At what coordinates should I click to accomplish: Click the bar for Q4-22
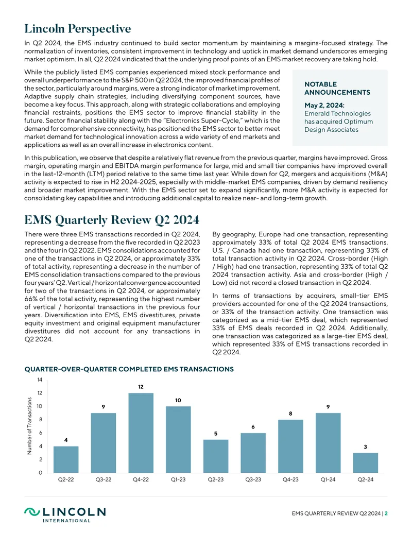tap(141, 433)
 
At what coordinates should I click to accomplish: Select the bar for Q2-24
tap(366, 462)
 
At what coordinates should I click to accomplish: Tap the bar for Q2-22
tap(66, 459)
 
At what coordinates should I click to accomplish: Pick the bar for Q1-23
tap(178, 439)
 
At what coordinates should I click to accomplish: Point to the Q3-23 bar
tap(253, 453)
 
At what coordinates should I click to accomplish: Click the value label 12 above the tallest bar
tap(141, 387)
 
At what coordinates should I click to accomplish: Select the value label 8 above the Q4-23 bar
tap(290, 414)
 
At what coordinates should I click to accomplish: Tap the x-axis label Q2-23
tap(215, 479)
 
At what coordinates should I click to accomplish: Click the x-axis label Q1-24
tap(328, 479)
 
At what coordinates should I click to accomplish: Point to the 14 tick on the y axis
tap(40, 380)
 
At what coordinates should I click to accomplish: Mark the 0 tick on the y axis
tap(41, 473)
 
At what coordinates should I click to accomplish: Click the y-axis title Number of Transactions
tap(29, 426)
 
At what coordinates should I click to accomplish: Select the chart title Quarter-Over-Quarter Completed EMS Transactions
tap(129, 369)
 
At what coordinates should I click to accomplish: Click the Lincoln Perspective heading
tap(77, 28)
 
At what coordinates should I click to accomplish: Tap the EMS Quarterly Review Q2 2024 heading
tap(112, 220)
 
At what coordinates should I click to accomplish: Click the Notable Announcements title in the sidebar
tap(337, 89)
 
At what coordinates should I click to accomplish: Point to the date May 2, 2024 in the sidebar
tap(324, 106)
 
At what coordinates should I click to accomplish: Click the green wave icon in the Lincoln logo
tap(32, 512)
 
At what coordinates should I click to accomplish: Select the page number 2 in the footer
tap(386, 513)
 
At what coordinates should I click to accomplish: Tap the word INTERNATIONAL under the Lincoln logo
tap(66, 521)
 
